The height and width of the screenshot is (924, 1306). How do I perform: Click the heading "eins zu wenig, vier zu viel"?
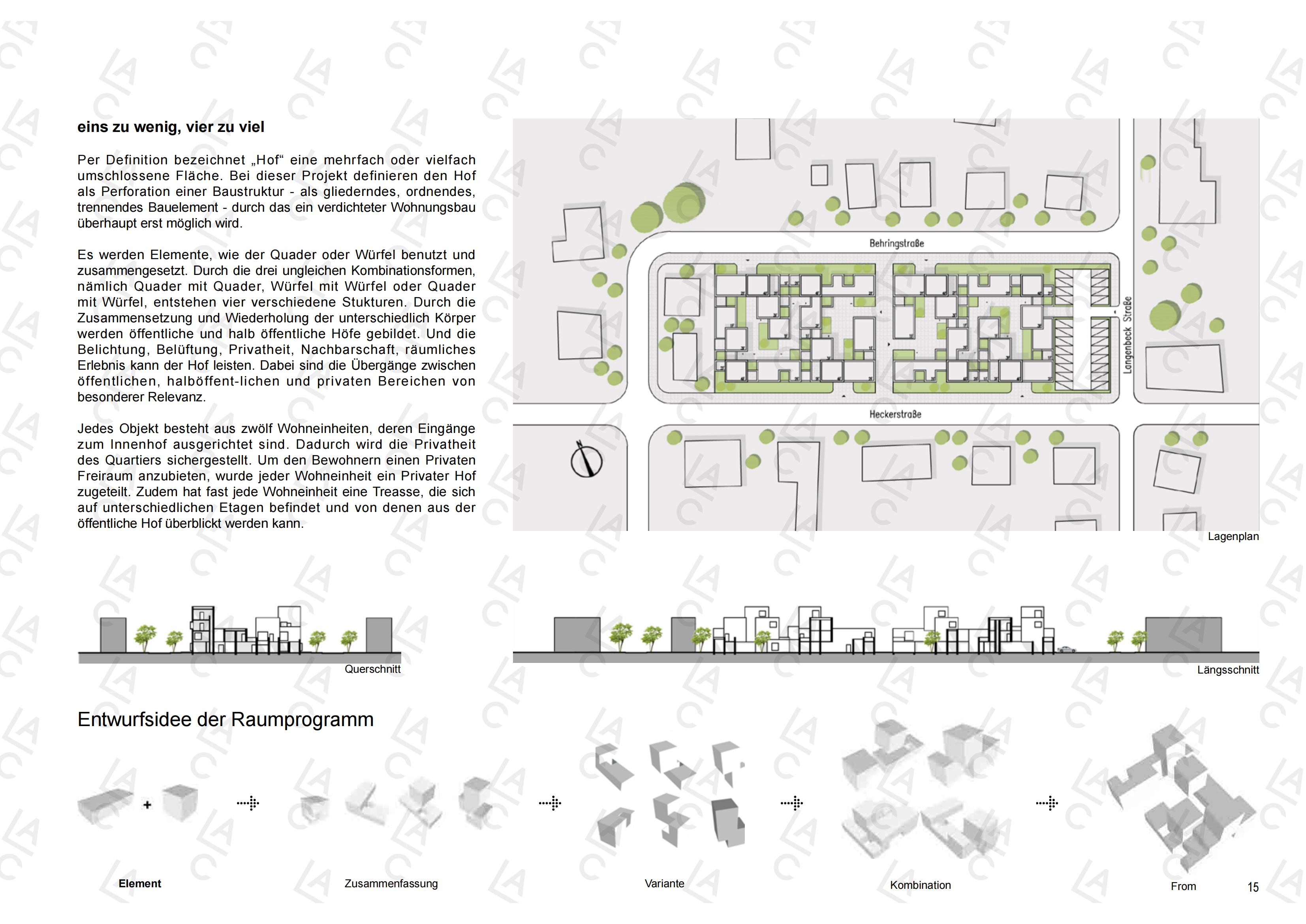[x=171, y=127]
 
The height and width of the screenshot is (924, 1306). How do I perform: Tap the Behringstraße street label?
[x=896, y=243]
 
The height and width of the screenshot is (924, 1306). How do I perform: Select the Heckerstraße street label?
[x=895, y=414]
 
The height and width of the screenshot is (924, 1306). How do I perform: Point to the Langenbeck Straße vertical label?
[x=1127, y=335]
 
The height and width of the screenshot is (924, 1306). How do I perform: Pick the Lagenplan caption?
[x=1233, y=536]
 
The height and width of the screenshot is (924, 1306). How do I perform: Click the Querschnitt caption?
[x=372, y=669]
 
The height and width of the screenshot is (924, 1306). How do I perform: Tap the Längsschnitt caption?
[x=1228, y=670]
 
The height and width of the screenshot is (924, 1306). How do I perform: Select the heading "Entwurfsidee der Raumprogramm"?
[x=225, y=720]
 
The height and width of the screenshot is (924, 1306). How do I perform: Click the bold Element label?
[x=140, y=884]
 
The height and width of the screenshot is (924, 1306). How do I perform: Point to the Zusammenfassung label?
[x=391, y=884]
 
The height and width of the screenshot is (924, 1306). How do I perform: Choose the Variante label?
[x=664, y=884]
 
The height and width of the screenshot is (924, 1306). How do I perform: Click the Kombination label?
[x=920, y=885]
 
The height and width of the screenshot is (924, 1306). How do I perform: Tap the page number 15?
[x=1253, y=887]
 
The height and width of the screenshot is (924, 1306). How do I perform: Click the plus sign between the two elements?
[x=147, y=805]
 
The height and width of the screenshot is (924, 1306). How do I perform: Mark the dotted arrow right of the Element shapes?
[x=248, y=804]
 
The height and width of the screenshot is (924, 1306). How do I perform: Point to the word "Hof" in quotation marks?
[x=267, y=160]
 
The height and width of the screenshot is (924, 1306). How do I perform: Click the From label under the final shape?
[x=1183, y=886]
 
